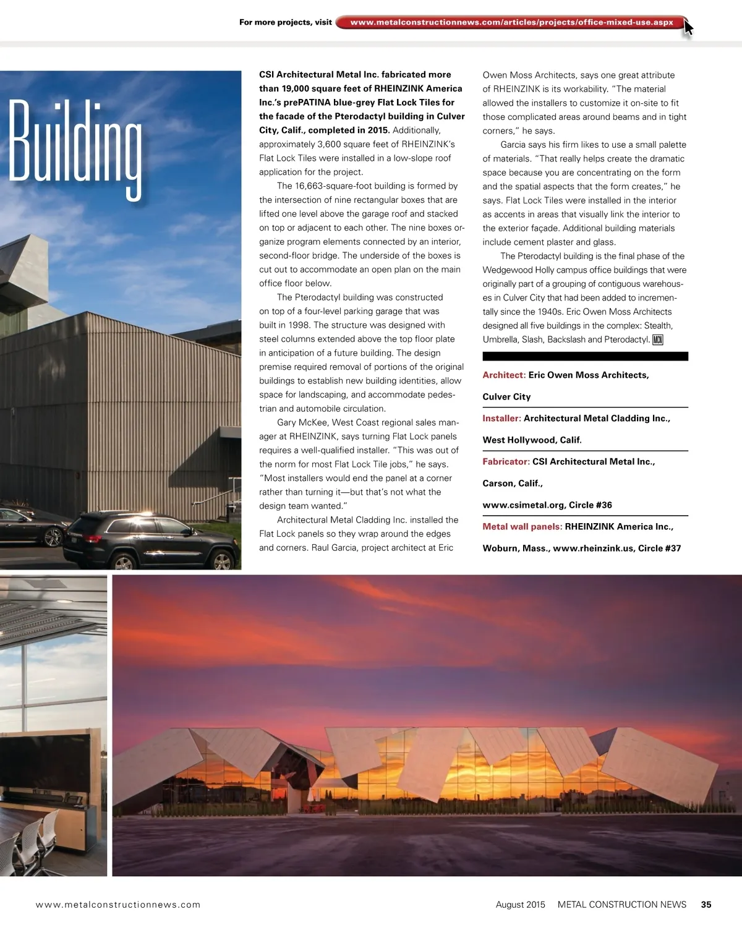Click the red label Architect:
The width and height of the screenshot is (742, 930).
pos(504,375)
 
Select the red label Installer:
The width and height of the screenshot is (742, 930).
pos(501,419)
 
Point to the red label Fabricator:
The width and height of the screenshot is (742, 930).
pos(506,462)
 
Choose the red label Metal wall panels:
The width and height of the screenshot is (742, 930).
pos(522,527)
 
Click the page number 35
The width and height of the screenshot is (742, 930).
pos(706,905)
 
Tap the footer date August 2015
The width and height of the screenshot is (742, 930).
pos(520,905)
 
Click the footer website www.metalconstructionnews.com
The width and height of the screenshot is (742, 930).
pos(118,905)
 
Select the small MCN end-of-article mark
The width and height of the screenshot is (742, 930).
pos(657,339)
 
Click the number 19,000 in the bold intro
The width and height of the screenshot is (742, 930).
pos(296,88)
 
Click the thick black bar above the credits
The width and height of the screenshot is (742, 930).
pos(585,356)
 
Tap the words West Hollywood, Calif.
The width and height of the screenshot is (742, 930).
pos(532,440)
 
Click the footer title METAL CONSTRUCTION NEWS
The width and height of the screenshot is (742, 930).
pos(621,905)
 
